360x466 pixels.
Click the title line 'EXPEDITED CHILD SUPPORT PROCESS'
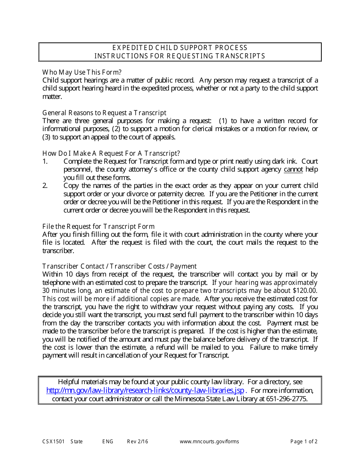click(x=180, y=48)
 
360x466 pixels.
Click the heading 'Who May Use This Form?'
click(x=82, y=72)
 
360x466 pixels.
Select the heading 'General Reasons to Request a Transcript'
click(x=104, y=113)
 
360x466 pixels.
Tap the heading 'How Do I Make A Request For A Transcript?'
click(x=111, y=153)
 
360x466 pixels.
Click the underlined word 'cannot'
click(x=293, y=169)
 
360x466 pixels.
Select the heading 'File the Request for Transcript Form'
click(x=99, y=227)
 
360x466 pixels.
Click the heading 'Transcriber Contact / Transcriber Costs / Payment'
click(x=119, y=266)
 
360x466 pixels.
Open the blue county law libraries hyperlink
click(x=145, y=391)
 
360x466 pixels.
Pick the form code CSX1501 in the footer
click(x=53, y=441)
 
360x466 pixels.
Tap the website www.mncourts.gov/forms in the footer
click(x=209, y=441)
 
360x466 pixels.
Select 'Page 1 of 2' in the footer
click(x=304, y=441)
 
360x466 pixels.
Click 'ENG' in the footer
click(x=108, y=441)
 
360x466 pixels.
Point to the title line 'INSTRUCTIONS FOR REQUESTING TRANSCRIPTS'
click(x=180, y=56)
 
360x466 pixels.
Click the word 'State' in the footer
click(x=77, y=441)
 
